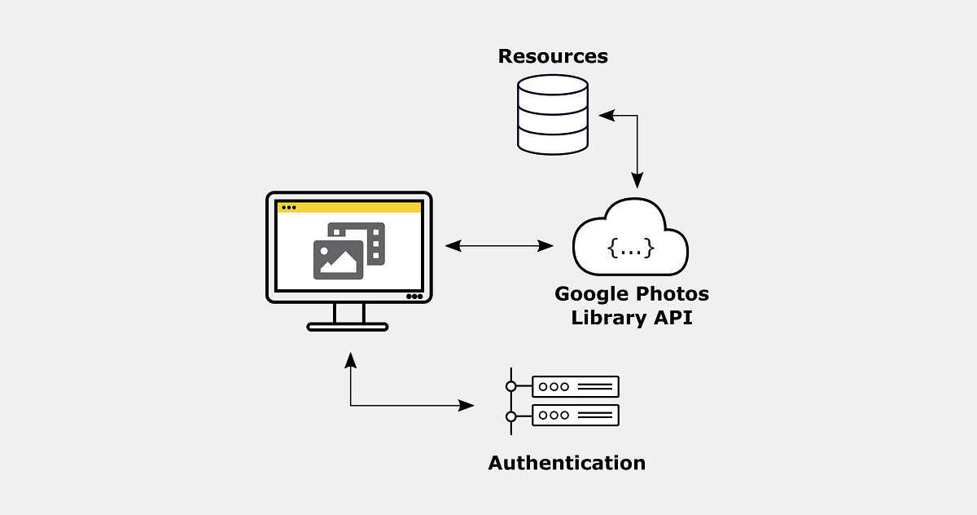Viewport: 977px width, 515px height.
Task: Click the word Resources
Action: [x=553, y=56]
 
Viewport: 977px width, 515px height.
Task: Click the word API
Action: [x=673, y=318]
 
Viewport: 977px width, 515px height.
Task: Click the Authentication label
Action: [x=567, y=463]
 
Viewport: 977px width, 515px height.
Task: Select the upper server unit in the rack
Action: [x=576, y=386]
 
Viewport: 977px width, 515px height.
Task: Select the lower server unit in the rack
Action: [x=576, y=415]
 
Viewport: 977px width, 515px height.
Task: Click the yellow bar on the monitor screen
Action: [x=350, y=207]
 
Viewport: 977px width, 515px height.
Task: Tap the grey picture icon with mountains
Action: [x=338, y=260]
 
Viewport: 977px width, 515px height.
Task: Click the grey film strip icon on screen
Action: [x=374, y=243]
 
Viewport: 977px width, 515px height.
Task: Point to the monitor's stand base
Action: [x=348, y=327]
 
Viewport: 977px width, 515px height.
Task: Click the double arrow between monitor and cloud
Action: [x=499, y=245]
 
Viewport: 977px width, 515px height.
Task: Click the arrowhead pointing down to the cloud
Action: [x=637, y=181]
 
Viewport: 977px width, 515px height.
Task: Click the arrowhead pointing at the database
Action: [x=606, y=116]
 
